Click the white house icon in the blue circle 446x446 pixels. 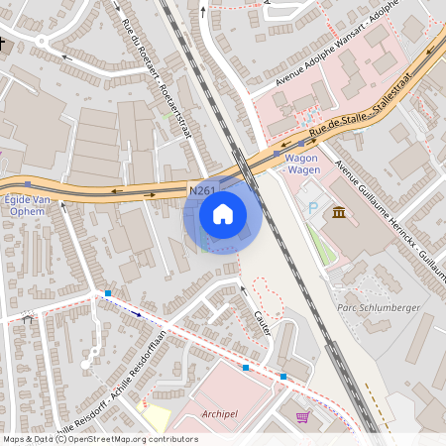[223, 213]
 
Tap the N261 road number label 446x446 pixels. [202, 189]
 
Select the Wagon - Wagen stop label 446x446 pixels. [301, 164]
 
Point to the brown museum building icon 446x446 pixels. [340, 213]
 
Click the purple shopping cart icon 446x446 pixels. [301, 417]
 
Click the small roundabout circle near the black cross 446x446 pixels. [42, 42]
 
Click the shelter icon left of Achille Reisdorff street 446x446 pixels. [27, 318]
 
